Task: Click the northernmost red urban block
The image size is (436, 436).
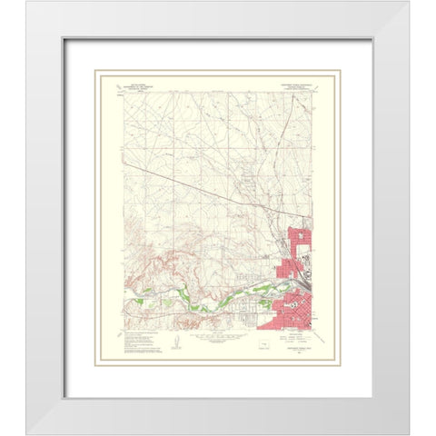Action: (299, 240)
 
